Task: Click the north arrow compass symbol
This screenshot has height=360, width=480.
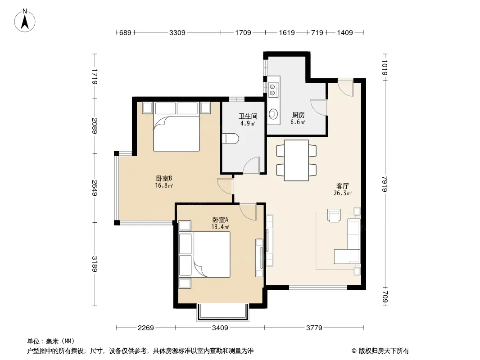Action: click(25, 20)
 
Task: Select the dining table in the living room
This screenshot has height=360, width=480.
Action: click(296, 160)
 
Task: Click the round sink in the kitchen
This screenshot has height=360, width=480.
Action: click(273, 114)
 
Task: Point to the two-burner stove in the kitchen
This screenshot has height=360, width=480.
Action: click(272, 89)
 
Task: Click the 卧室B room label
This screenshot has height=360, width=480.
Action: click(164, 178)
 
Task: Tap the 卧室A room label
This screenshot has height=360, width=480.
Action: click(220, 220)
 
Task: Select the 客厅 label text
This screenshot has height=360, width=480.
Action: click(343, 186)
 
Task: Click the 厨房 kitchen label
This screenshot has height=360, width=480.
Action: click(298, 115)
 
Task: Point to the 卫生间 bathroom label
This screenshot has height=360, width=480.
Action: click(248, 116)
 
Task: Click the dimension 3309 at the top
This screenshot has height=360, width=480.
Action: click(177, 32)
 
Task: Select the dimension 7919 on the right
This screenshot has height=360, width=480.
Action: click(385, 184)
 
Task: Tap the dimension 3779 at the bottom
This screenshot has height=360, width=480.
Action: click(314, 328)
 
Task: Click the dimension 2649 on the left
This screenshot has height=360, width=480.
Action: click(95, 188)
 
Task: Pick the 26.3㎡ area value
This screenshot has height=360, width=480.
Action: click(343, 193)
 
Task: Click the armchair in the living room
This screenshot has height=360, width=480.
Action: click(334, 215)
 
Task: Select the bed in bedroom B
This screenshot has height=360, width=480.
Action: click(177, 126)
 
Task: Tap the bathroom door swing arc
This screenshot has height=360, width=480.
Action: click(252, 165)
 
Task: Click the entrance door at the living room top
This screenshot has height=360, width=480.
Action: click(346, 88)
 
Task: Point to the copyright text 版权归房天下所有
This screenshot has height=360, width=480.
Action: click(384, 351)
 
